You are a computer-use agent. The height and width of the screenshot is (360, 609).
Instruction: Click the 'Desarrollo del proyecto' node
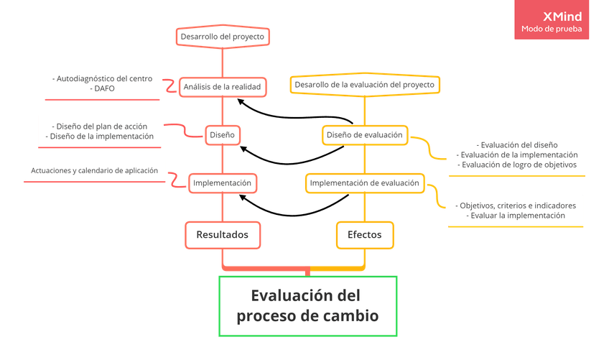[222, 36]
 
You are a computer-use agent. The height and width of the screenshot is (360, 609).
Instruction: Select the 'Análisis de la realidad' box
[222, 86]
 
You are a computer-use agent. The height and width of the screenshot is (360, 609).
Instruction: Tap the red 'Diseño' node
[222, 134]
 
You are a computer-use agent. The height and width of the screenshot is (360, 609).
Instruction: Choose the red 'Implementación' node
[222, 183]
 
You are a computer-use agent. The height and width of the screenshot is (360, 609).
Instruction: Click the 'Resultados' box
[222, 234]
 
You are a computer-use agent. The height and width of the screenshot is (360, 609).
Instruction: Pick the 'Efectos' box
[365, 234]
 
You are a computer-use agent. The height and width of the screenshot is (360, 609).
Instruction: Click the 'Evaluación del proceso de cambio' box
[307, 305]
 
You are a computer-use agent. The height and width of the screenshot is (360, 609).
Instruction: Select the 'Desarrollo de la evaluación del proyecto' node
[364, 85]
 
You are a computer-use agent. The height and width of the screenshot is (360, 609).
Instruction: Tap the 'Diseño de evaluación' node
[364, 134]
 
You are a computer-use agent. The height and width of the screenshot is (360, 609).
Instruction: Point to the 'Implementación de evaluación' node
[364, 183]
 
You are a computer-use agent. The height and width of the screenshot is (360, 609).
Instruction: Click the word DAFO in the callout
[103, 88]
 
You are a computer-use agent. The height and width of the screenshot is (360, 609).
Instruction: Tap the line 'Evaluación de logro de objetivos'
[516, 165]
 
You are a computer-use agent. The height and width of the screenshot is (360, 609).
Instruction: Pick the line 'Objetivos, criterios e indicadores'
[516, 205]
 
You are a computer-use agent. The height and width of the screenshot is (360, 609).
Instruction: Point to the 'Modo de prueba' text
[552, 30]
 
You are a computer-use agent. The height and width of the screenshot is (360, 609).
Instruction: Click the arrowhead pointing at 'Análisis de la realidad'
[241, 101]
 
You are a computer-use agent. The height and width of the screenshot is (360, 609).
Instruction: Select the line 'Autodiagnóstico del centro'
[103, 78]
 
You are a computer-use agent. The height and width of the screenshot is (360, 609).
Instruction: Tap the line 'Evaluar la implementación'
[516, 215]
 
